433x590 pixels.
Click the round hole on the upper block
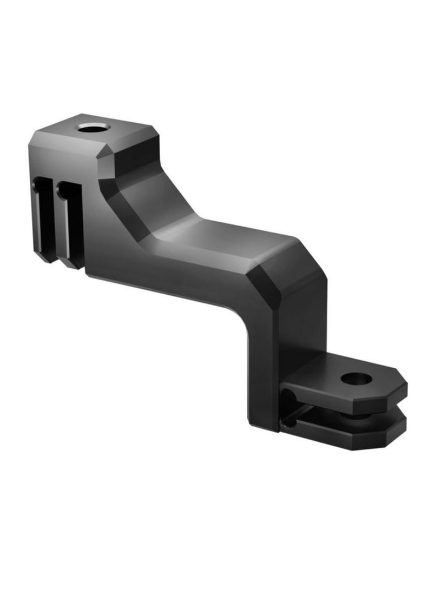93,129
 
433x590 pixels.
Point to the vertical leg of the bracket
265,368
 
